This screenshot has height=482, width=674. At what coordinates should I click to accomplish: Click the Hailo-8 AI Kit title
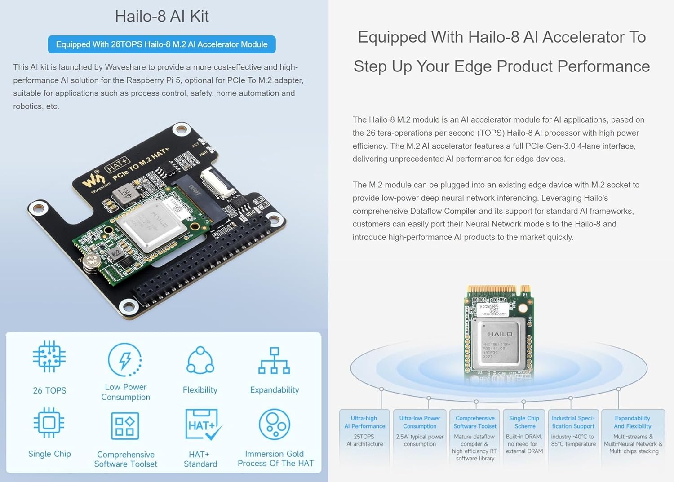pyautogui.click(x=162, y=16)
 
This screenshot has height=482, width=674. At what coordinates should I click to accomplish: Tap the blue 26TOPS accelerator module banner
pyautogui.click(x=162, y=44)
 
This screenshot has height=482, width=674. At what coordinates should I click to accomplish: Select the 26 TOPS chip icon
pyautogui.click(x=49, y=357)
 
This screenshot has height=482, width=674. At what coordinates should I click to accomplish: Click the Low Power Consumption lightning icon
pyautogui.click(x=125, y=359)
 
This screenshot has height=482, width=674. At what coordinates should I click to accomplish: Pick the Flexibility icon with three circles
pyautogui.click(x=200, y=360)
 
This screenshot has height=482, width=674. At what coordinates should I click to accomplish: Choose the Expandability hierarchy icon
pyautogui.click(x=274, y=361)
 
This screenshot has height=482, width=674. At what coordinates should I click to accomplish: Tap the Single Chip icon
pyautogui.click(x=49, y=423)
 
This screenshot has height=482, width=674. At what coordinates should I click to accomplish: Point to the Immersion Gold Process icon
pyautogui.click(x=274, y=425)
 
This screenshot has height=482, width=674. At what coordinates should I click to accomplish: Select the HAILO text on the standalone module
pyautogui.click(x=500, y=334)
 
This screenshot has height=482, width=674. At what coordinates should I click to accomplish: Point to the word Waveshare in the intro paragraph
pyautogui.click(x=122, y=67)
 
